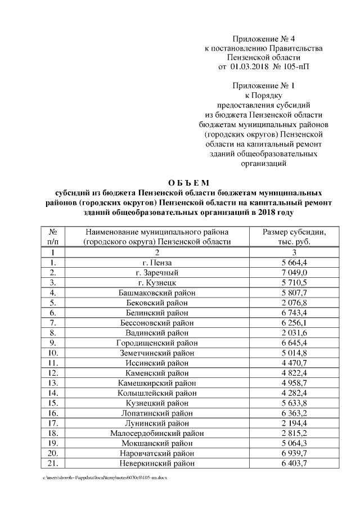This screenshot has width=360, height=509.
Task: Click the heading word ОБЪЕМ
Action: [x=188, y=183]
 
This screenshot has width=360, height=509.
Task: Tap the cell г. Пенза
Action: [x=157, y=263]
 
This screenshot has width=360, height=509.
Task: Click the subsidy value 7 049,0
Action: [x=295, y=273]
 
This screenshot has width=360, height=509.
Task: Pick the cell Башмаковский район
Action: [x=157, y=293]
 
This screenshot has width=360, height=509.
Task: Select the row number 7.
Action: [x=52, y=323]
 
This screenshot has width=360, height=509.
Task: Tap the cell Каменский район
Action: [x=157, y=373]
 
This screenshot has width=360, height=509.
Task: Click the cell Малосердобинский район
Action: [x=157, y=433]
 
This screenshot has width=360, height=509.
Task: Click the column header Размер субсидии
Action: [x=294, y=232]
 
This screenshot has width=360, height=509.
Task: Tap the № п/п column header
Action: [x=52, y=237]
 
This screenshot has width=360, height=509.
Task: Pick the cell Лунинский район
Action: [x=157, y=423]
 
